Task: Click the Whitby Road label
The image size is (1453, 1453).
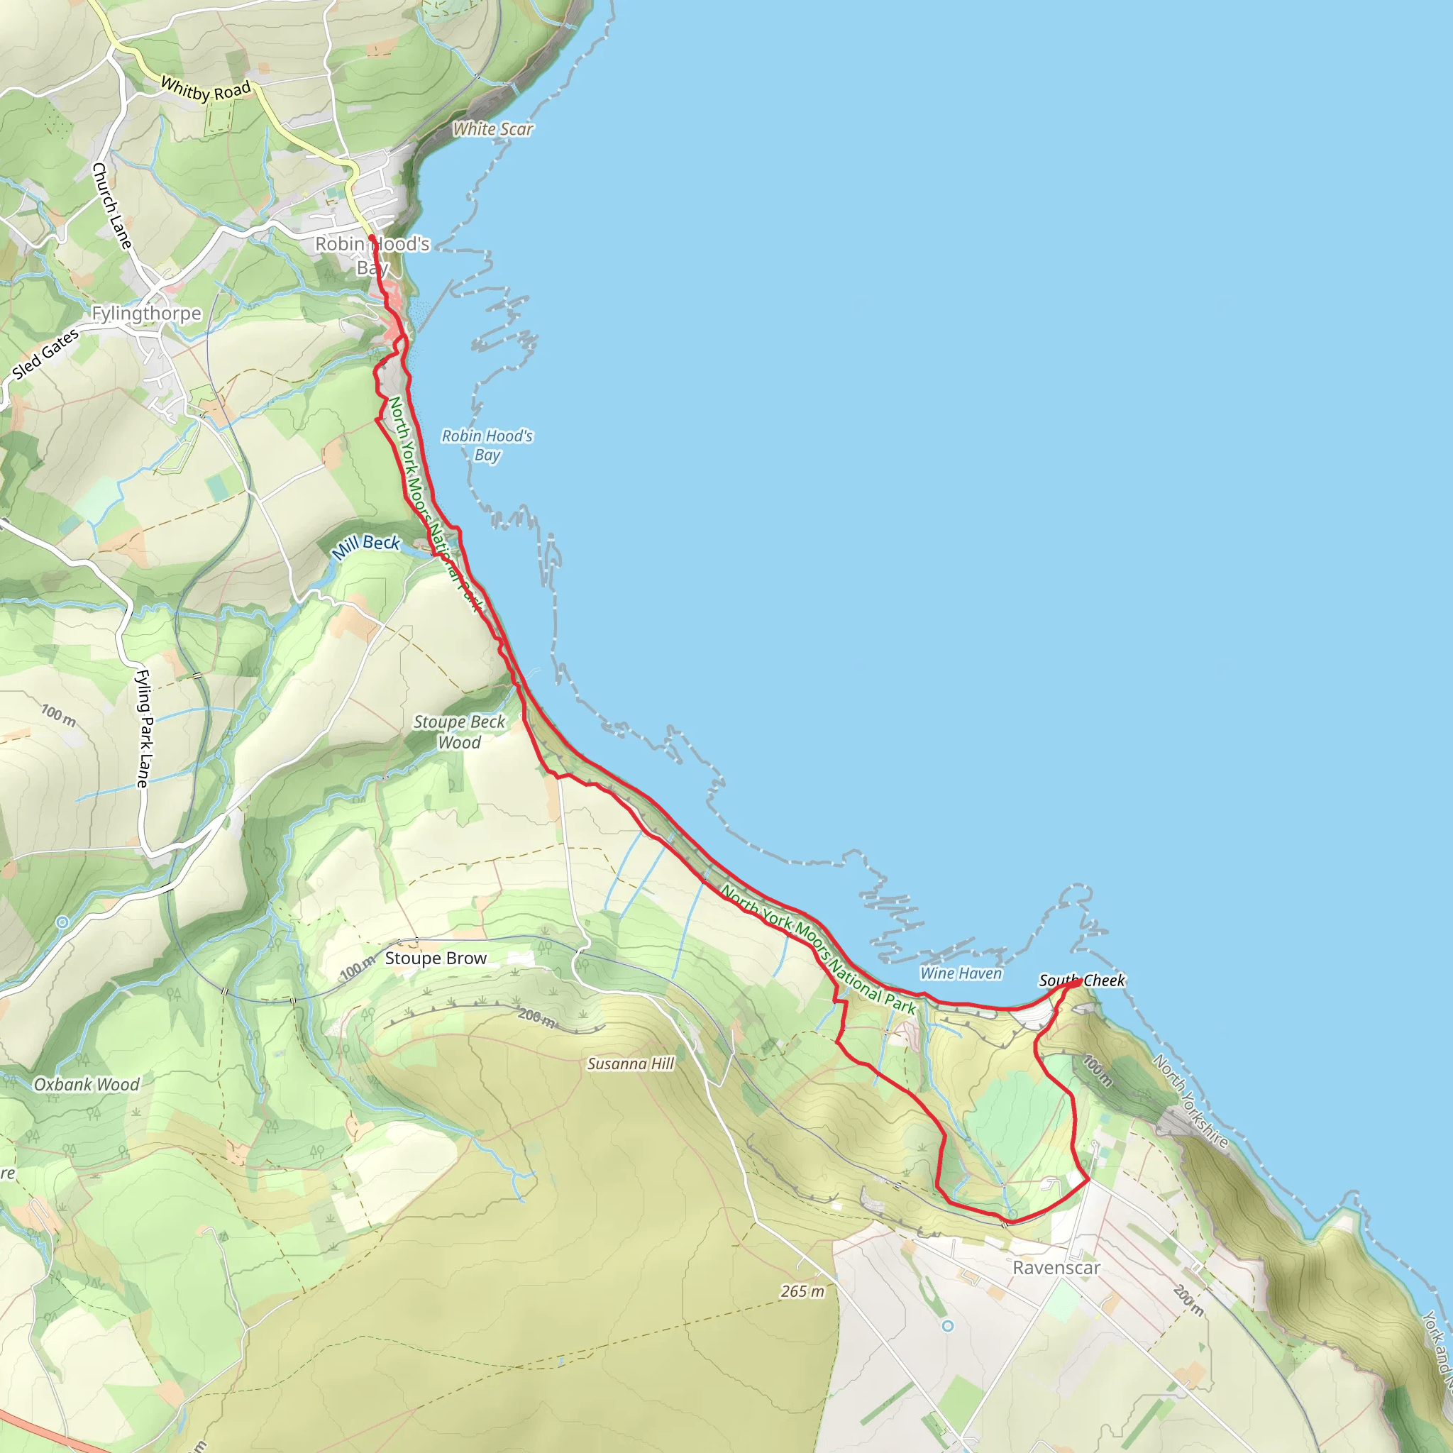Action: point(205,89)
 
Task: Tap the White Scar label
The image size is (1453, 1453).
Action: point(492,129)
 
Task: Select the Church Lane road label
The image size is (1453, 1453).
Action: point(111,205)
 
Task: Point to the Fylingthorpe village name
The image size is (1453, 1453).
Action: point(147,313)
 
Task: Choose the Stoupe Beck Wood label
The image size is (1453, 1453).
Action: point(460,731)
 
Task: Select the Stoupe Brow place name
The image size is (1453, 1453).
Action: point(436,958)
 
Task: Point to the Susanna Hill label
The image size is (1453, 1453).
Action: point(630,1063)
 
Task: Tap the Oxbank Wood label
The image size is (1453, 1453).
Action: point(87,1085)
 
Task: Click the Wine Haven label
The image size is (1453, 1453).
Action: point(961,973)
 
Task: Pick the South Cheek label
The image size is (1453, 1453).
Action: point(1081,980)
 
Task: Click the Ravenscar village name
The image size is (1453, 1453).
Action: point(1056,1268)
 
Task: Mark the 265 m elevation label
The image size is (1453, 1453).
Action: point(802,1291)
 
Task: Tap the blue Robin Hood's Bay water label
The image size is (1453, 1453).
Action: point(487,446)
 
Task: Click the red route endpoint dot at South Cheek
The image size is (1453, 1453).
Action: point(1078,981)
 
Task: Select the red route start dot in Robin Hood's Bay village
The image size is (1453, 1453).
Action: point(372,238)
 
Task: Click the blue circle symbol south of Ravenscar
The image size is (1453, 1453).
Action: point(948,1326)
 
